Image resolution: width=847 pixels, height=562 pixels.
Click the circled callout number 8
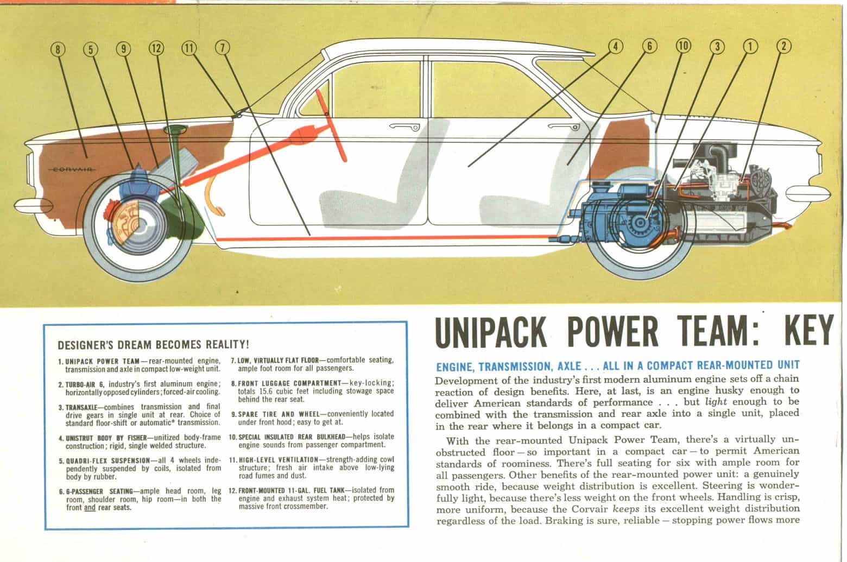tap(58, 48)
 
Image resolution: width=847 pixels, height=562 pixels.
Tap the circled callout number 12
tap(156, 48)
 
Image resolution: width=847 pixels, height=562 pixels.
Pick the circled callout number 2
tap(782, 47)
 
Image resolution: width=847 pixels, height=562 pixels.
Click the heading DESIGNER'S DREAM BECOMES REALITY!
tap(153, 344)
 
